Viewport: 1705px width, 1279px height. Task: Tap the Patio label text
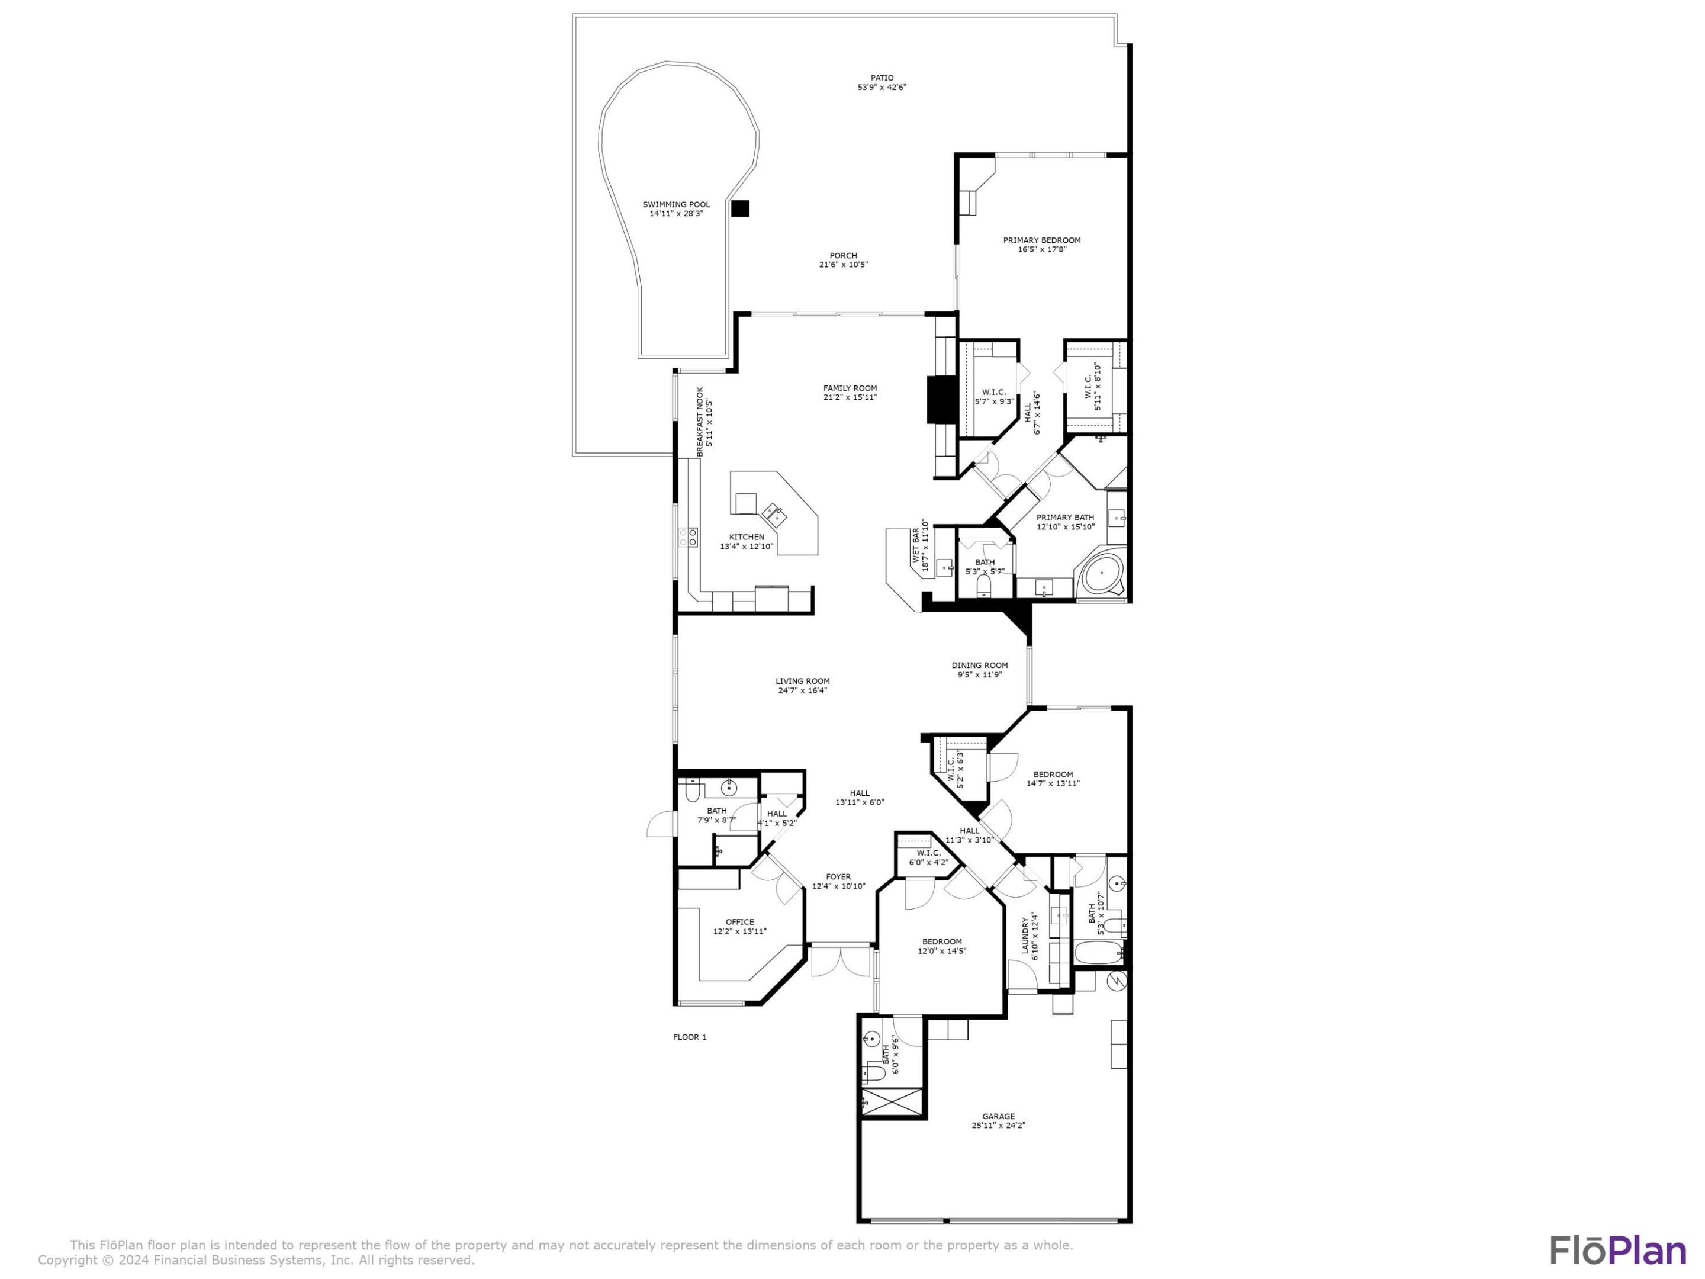pos(882,78)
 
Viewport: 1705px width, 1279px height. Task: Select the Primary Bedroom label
pos(1041,240)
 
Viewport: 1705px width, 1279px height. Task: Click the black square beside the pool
pos(740,208)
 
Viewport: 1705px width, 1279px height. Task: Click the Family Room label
pos(850,388)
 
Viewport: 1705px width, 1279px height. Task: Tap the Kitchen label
pos(747,537)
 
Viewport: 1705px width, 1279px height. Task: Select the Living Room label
pos(802,682)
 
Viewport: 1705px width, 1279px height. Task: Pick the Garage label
pos(998,1116)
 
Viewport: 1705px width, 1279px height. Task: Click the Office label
pos(739,922)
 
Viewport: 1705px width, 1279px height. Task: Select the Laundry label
pos(1026,936)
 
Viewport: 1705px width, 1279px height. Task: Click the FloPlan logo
pos(1618,1251)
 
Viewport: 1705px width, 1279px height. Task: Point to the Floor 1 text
pos(689,1037)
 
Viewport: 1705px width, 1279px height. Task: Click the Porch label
pos(843,256)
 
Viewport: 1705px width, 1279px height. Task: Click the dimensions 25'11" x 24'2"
pos(998,1126)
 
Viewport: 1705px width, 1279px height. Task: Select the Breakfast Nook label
pos(700,422)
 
